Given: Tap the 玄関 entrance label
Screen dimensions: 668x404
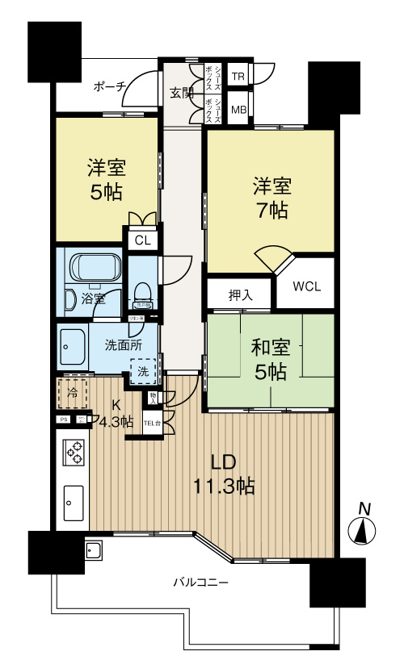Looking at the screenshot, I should [x=182, y=92].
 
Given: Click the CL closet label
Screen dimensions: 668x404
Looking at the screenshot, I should [x=142, y=240].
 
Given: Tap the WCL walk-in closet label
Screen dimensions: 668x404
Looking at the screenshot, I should [x=305, y=285].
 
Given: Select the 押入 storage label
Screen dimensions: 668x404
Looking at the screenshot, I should [x=241, y=295].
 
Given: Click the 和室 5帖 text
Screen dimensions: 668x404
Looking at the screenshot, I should [x=268, y=360].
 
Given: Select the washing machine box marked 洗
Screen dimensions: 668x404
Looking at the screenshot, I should [x=143, y=372].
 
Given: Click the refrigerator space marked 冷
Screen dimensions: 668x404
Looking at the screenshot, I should [x=73, y=395].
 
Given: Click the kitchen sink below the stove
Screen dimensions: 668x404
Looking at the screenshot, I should [x=72, y=503].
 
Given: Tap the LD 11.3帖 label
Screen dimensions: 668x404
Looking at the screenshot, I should [x=223, y=474].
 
